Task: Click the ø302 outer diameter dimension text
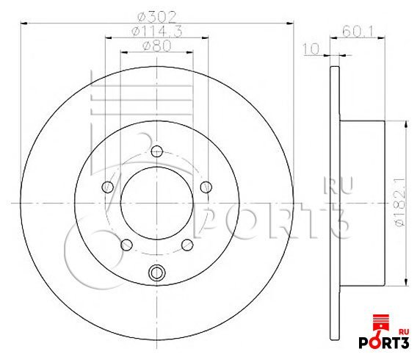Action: (x=157, y=17)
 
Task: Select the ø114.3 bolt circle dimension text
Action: (x=157, y=32)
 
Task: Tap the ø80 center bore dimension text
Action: (x=157, y=46)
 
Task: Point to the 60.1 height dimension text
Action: (x=358, y=32)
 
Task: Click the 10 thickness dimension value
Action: (x=311, y=49)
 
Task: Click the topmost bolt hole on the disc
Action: (x=157, y=151)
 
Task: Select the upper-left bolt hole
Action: (x=108, y=187)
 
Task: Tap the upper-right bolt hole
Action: (x=206, y=187)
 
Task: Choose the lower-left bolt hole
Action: (x=126, y=245)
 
